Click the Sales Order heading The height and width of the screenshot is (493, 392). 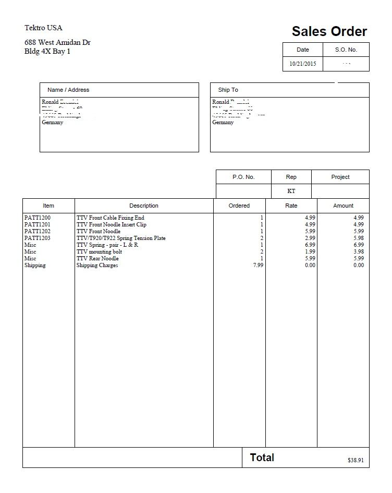(329, 31)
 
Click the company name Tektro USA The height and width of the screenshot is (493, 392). (43, 28)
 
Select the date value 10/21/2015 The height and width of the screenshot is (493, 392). (303, 64)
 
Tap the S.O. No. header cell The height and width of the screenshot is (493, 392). (346, 50)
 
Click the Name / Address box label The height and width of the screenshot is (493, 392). (68, 90)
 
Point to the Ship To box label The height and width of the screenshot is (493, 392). (228, 90)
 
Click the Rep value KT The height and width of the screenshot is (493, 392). (291, 191)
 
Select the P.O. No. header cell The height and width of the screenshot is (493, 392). (243, 177)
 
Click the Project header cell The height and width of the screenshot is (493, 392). (340, 177)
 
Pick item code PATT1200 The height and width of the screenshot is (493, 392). (38, 218)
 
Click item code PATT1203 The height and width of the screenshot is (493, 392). (38, 238)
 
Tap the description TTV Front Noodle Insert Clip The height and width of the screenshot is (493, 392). (112, 224)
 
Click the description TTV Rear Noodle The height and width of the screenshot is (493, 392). (97, 258)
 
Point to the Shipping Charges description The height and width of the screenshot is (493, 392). (97, 265)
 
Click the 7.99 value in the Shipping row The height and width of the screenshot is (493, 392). (258, 265)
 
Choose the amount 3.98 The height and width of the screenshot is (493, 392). (358, 251)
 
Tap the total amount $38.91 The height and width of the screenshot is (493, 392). (356, 460)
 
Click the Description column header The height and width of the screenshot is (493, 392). (144, 206)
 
